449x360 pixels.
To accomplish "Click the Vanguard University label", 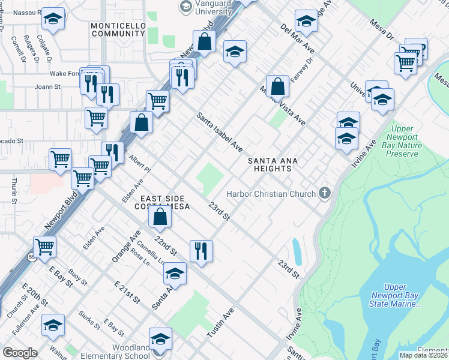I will pyautogui.click(x=205, y=7).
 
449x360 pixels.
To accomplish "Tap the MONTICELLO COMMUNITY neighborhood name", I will pyautogui.click(x=119, y=30).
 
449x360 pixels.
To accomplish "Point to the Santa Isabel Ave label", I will pyautogui.click(x=220, y=132).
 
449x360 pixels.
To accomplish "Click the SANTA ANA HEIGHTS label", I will pyautogui.click(x=270, y=164).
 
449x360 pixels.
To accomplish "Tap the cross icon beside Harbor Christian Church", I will pyautogui.click(x=325, y=193).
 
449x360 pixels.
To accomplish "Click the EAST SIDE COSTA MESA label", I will pyautogui.click(x=165, y=202).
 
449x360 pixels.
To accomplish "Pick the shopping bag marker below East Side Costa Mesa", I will pyautogui.click(x=160, y=218).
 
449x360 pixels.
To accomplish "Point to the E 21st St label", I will pyautogui.click(x=127, y=291).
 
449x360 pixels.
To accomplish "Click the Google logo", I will pyautogui.click(x=20, y=353).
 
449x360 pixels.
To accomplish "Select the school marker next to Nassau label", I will pyautogui.click(x=53, y=19).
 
